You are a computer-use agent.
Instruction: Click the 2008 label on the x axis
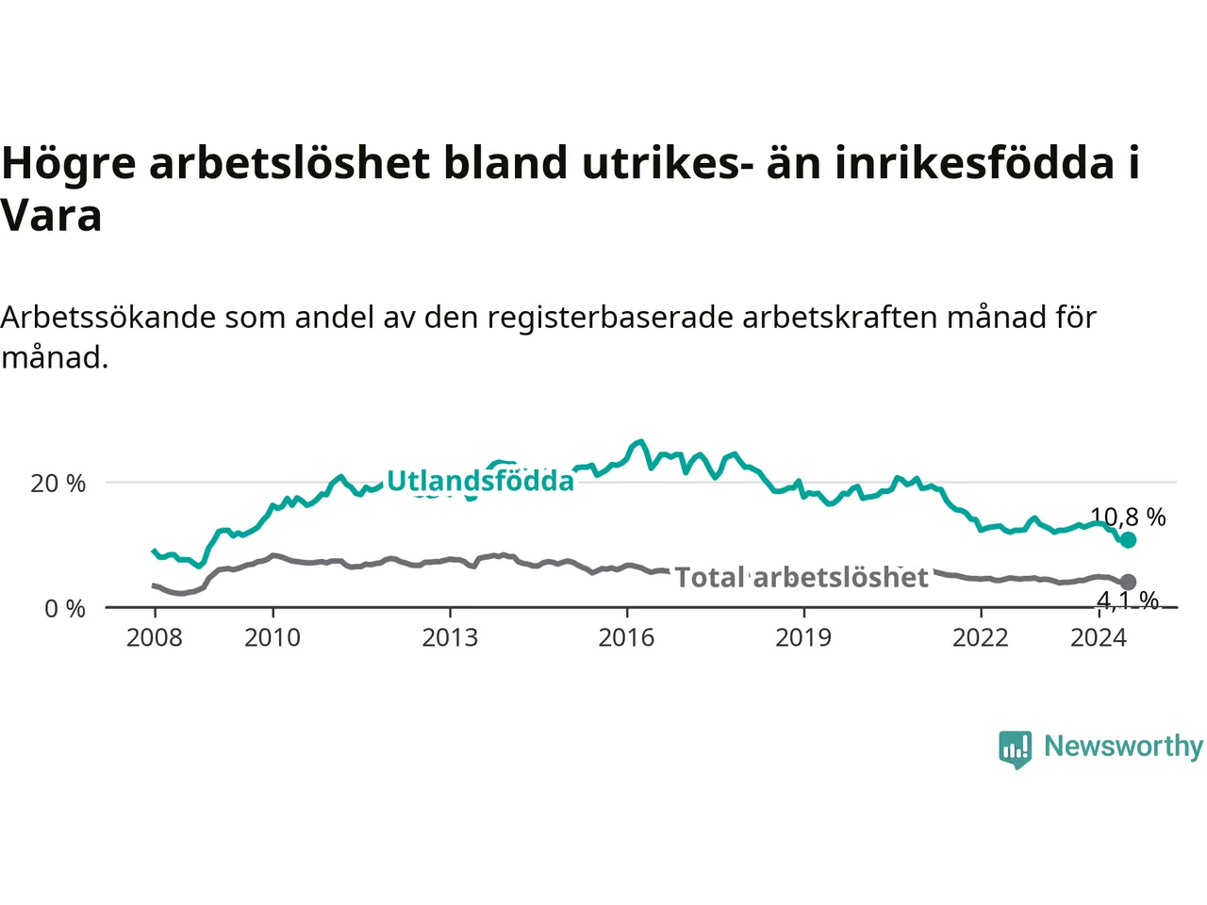pyautogui.click(x=154, y=638)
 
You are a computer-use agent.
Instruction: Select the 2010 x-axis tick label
pyautogui.click(x=273, y=638)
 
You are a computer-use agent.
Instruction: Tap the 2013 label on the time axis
pyautogui.click(x=450, y=638)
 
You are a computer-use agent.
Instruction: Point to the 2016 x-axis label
pyautogui.click(x=626, y=638)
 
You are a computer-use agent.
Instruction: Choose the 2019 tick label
pyautogui.click(x=803, y=638)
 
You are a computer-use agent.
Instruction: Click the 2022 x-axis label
pyautogui.click(x=981, y=638)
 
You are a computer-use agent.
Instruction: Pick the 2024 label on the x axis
pyautogui.click(x=1099, y=638)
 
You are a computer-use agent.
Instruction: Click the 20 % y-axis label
pyautogui.click(x=58, y=484)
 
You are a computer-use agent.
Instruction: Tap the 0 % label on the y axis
pyautogui.click(x=65, y=609)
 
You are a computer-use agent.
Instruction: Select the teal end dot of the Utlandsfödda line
pyautogui.click(x=1129, y=540)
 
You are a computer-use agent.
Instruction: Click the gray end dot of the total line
pyautogui.click(x=1129, y=582)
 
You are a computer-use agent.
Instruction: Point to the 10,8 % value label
pyautogui.click(x=1128, y=517)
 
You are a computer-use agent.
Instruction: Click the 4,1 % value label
pyautogui.click(x=1128, y=601)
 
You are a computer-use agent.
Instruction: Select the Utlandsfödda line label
pyautogui.click(x=481, y=481)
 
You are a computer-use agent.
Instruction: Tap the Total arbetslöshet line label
pyautogui.click(x=802, y=578)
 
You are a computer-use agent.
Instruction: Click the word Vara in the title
pyautogui.click(x=51, y=215)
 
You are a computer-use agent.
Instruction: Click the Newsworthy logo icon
pyautogui.click(x=1015, y=749)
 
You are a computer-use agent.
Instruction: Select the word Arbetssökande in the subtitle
pyautogui.click(x=107, y=317)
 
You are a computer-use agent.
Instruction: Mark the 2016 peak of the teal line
pyautogui.click(x=639, y=441)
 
